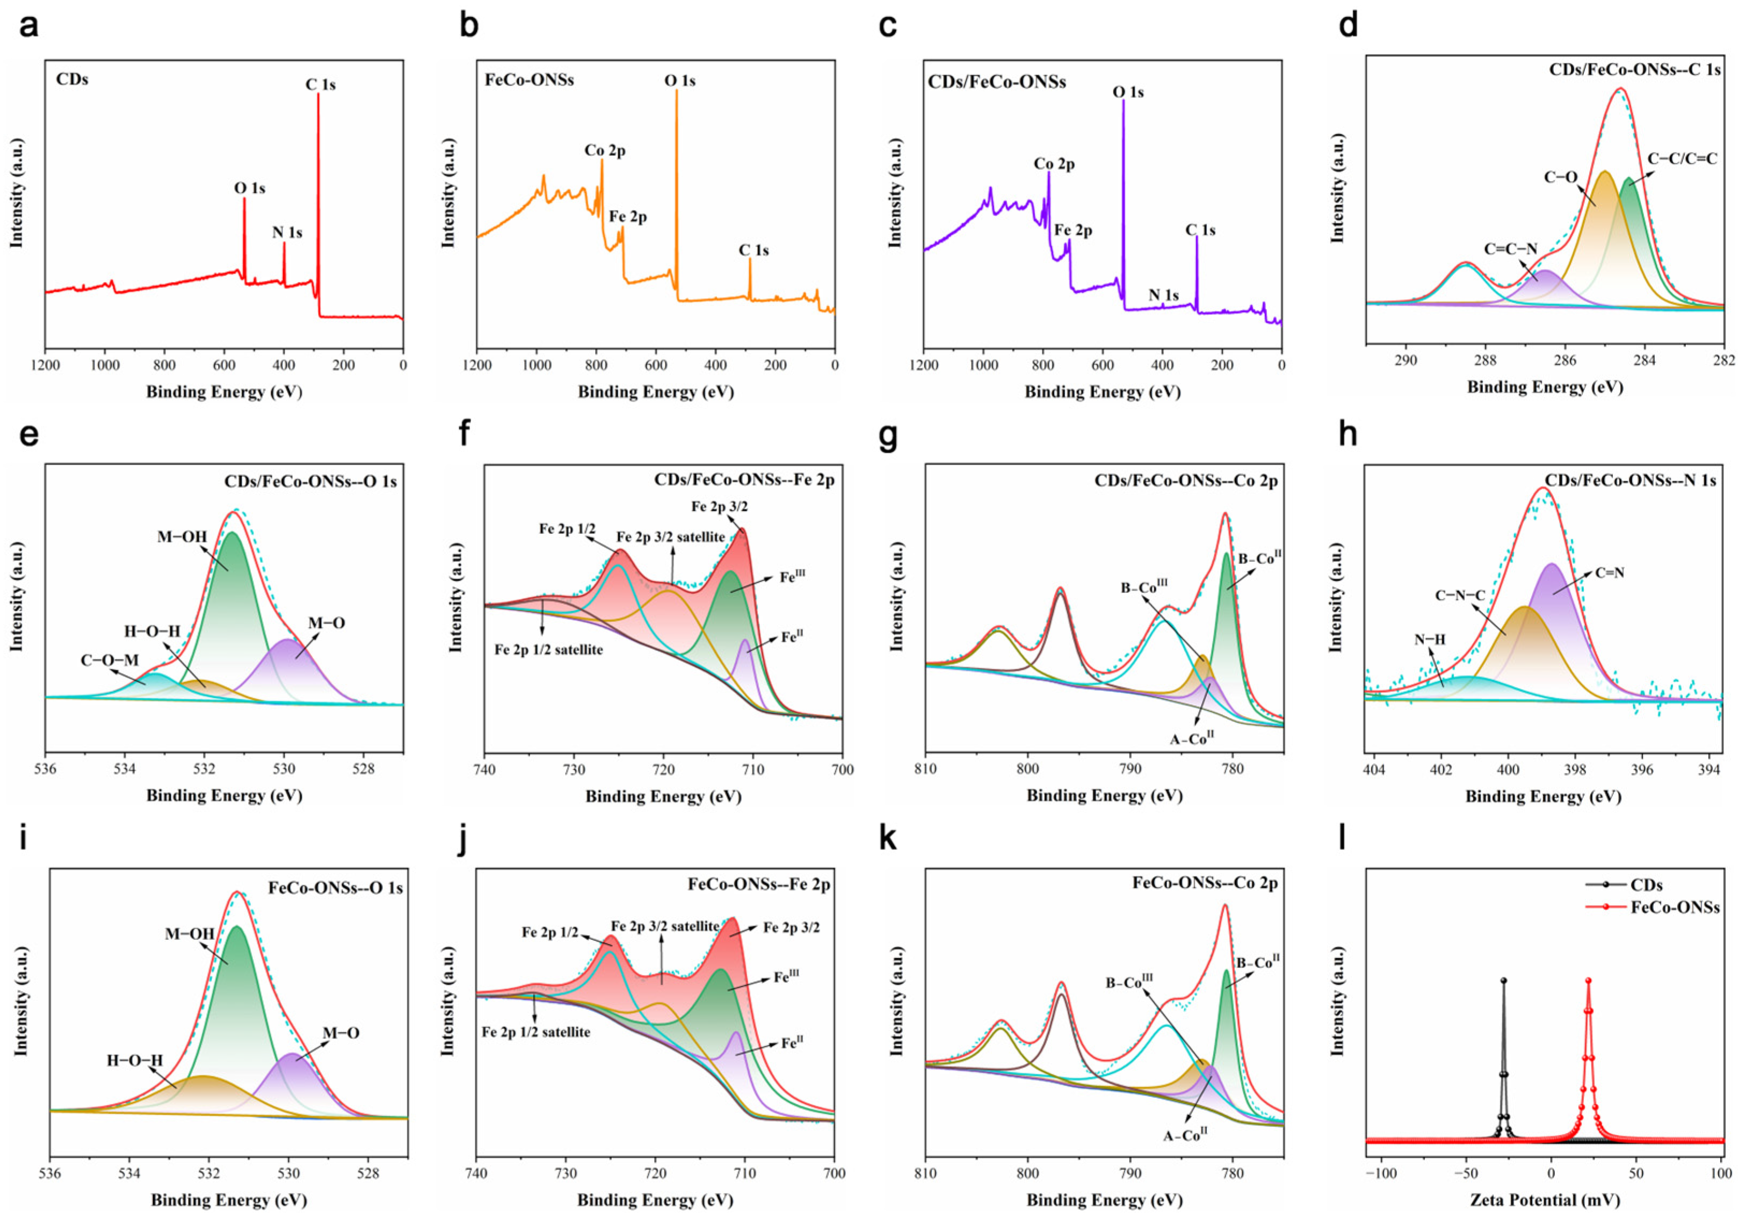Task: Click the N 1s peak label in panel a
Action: click(x=287, y=233)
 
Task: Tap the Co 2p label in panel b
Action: click(x=605, y=151)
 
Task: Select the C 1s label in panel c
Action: click(x=1200, y=230)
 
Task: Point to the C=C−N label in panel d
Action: click(x=1511, y=249)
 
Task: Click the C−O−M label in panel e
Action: click(x=110, y=660)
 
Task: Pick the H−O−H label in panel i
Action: click(x=135, y=1061)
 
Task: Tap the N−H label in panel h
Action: click(x=1429, y=640)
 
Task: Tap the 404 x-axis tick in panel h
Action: click(x=1374, y=771)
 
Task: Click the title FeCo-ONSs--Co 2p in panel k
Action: click(x=1205, y=883)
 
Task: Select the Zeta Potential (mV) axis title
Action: click(x=1544, y=1200)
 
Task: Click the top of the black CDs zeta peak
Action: click(x=1503, y=980)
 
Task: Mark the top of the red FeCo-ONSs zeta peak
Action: click(x=1588, y=980)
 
